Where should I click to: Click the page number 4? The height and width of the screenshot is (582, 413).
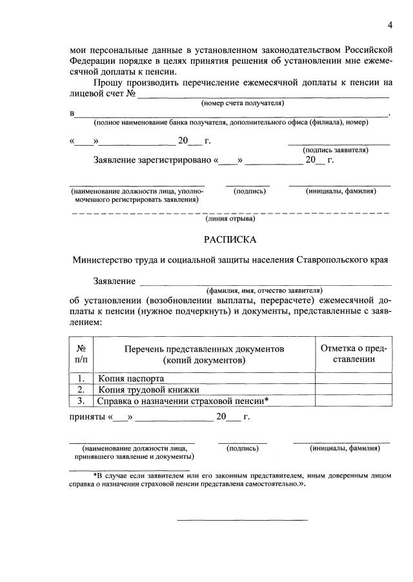(x=390, y=25)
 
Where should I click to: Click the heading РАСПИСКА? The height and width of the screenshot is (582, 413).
(x=230, y=240)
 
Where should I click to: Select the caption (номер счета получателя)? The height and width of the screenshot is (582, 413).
(x=243, y=103)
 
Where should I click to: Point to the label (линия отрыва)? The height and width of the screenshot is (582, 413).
(x=230, y=219)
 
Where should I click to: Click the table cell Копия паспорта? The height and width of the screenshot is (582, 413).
(x=131, y=378)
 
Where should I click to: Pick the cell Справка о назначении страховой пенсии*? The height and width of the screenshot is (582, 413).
(x=183, y=401)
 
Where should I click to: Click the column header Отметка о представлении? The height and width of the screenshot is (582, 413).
(x=354, y=354)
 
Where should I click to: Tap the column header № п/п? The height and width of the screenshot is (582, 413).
(x=81, y=354)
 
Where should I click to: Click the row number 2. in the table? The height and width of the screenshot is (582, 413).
(x=81, y=390)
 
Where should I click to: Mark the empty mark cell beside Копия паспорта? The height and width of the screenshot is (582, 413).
(x=354, y=378)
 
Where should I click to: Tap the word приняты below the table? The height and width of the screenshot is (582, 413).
(x=87, y=417)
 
